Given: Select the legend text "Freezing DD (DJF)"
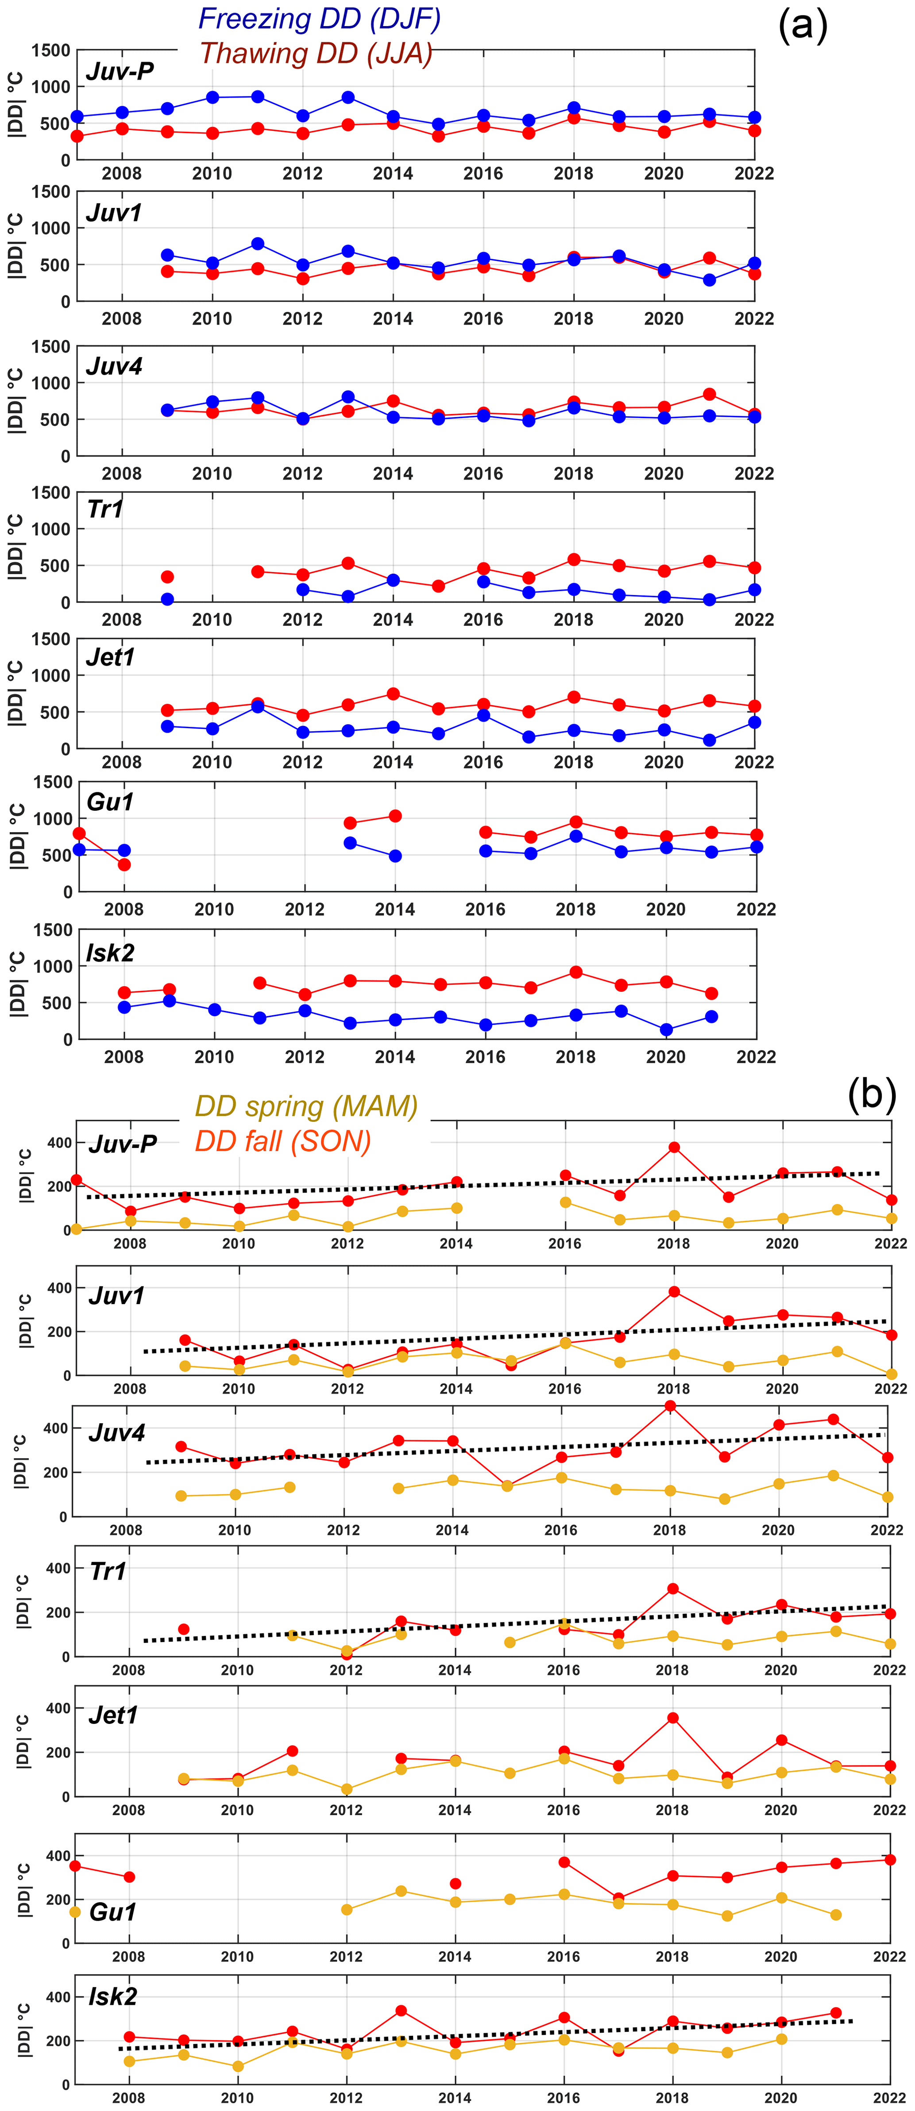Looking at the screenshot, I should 320,19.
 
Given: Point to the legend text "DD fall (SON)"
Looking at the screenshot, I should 283,1141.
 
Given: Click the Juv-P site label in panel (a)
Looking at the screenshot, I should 120,71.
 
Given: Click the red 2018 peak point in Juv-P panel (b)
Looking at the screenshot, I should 674,1147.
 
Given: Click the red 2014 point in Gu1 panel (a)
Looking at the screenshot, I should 395,816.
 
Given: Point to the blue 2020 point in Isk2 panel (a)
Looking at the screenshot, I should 666,1030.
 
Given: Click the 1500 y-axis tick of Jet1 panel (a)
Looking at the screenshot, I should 51,639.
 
